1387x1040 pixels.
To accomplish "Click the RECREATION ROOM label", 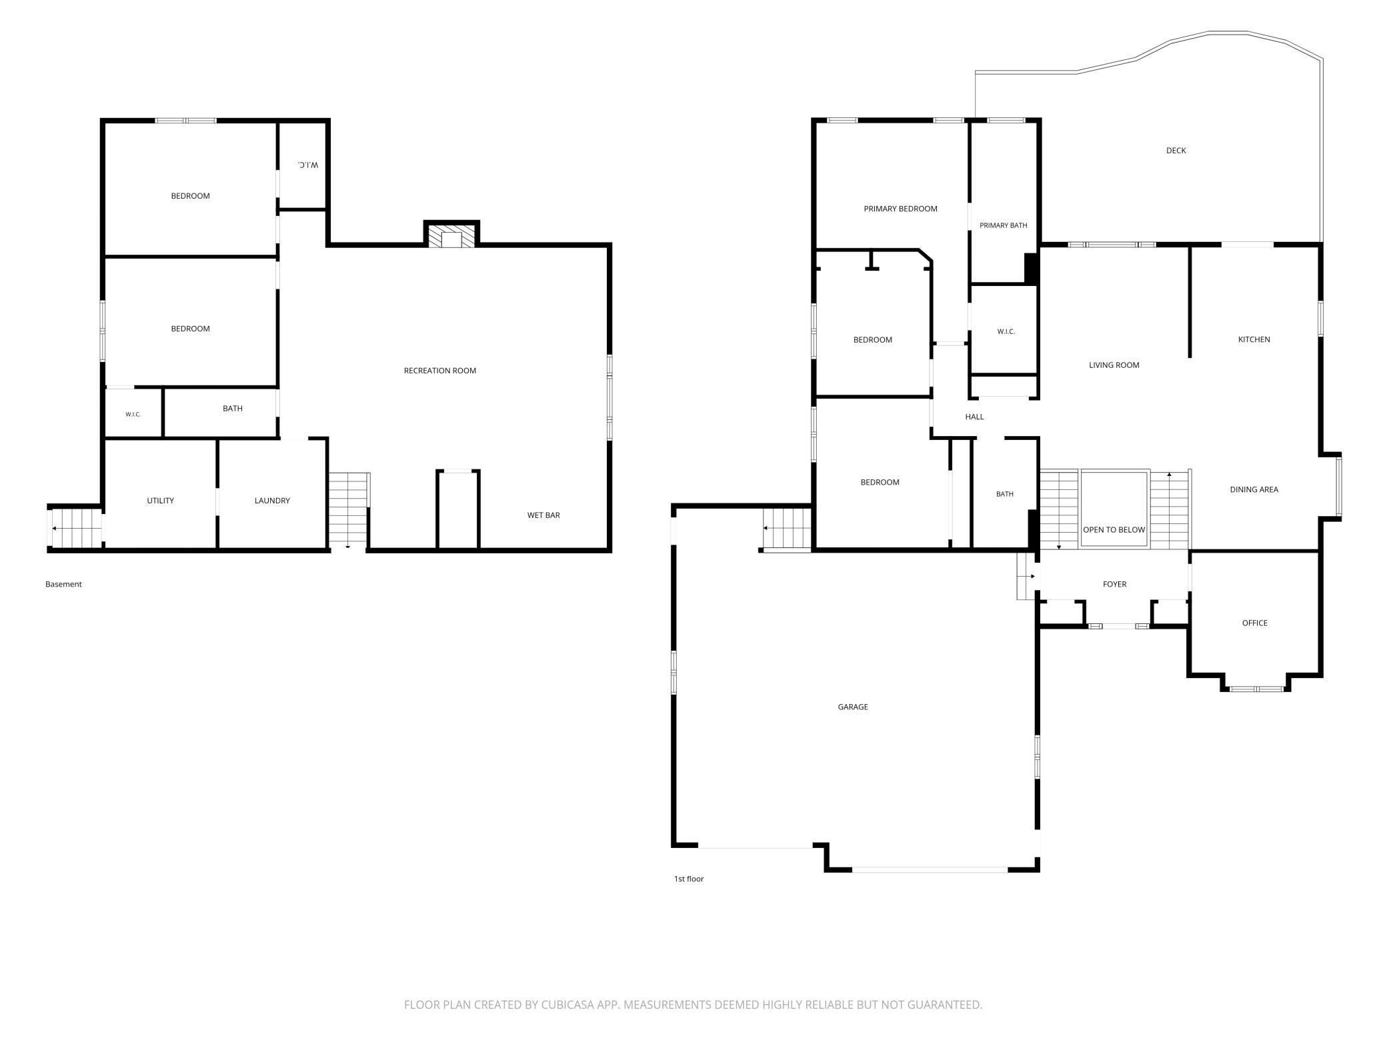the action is [440, 371].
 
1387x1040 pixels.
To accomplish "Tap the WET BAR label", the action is [543, 515].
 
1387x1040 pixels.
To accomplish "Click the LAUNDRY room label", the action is [272, 501].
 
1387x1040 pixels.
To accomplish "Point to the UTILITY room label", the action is [161, 501].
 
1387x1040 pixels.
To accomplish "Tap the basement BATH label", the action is [233, 409].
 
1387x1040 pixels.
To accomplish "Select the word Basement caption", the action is [63, 585].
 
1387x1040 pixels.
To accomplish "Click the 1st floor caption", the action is [689, 879].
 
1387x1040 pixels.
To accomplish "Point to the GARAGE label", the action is [853, 707].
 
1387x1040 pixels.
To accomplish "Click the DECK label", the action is [1176, 151].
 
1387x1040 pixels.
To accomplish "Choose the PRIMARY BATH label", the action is [1003, 225].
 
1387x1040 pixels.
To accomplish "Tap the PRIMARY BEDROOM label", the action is [900, 209].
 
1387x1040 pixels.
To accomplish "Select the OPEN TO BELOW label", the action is [1114, 530].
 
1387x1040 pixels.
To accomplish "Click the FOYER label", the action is [1114, 585].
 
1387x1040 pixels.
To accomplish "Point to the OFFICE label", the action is [1254, 623].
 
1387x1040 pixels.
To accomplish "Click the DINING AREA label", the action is [1254, 490].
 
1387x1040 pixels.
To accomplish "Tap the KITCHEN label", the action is [1254, 340].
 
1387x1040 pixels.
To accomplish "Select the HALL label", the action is [974, 417].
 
